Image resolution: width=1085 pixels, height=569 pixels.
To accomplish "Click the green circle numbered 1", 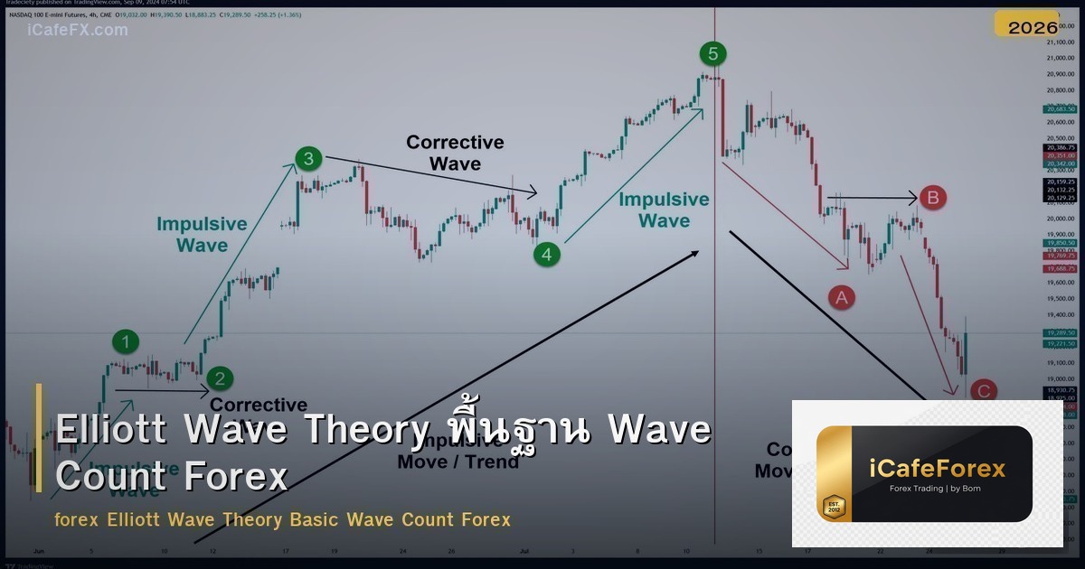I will pos(127,341).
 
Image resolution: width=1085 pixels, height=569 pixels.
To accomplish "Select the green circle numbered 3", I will pos(308,160).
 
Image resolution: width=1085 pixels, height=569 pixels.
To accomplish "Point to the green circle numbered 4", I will pos(546,255).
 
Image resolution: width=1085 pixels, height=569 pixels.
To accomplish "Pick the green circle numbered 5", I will pos(712,54).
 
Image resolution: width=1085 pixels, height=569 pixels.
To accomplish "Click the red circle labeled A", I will pos(842,296).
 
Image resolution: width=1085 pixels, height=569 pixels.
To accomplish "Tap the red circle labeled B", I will pos(933,197).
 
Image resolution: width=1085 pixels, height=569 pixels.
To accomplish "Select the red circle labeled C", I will pos(984,391).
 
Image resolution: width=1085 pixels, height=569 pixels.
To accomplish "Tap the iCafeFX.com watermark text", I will pos(78,30).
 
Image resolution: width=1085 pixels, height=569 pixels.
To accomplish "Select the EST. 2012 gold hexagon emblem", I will pos(833,506).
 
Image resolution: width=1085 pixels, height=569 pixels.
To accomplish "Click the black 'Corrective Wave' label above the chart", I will pos(455,153).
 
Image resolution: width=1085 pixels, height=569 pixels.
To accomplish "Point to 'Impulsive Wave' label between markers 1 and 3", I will pos(202,234).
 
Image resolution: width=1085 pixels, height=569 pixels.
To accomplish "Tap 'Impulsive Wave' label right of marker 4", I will pos(664,210).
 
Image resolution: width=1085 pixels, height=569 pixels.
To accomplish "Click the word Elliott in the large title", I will pos(110,430).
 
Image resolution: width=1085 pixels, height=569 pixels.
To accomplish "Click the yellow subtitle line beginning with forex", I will pos(282,520).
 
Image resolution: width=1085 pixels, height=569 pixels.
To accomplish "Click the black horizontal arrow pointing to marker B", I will pos(872,197).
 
